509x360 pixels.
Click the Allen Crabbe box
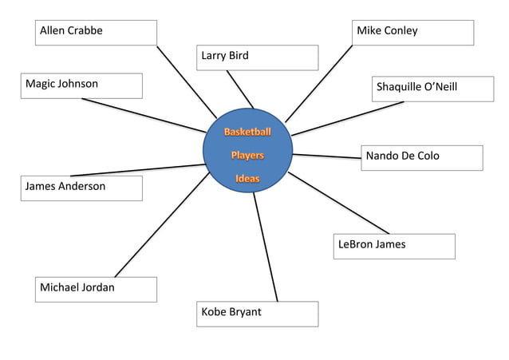[x=96, y=33]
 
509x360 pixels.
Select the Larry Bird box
[x=257, y=57]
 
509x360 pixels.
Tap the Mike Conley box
[x=412, y=33]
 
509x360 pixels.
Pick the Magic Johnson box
[x=82, y=85]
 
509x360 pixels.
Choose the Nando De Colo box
[x=421, y=157]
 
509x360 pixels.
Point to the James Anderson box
[x=82, y=188]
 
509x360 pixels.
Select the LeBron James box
[x=394, y=246]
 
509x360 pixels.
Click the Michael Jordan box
[x=96, y=289]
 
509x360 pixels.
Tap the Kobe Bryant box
[x=257, y=314]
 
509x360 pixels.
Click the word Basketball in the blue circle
[x=247, y=132]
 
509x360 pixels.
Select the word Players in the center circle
[x=247, y=155]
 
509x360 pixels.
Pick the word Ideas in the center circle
[x=247, y=179]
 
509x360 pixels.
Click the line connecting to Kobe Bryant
[x=266, y=247]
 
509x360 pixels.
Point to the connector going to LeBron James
[x=339, y=203]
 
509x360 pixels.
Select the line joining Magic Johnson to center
[x=144, y=116]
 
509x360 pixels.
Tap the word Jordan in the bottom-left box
[x=97, y=287]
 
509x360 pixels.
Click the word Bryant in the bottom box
[x=245, y=312]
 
